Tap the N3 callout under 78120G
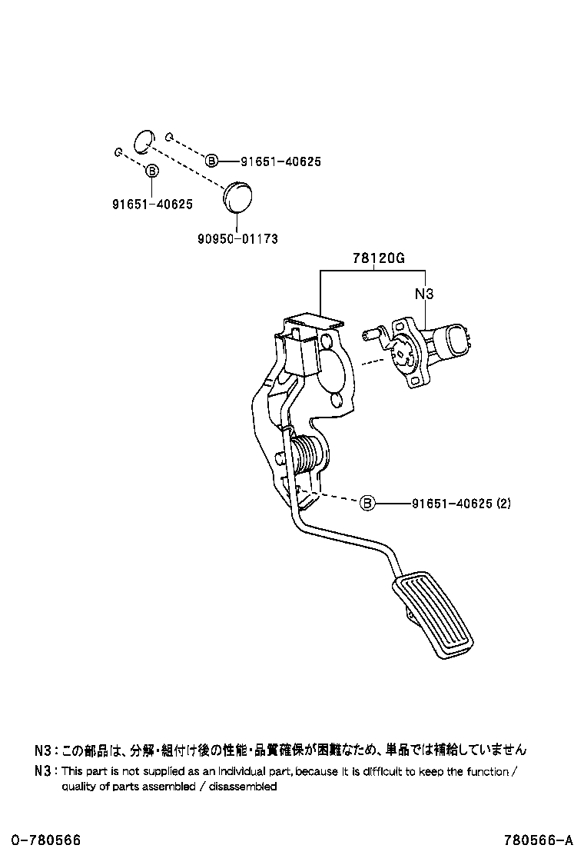(x=424, y=294)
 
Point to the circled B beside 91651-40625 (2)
(x=367, y=504)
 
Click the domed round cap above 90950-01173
(x=236, y=195)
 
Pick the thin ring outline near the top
(x=142, y=140)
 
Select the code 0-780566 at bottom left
(x=45, y=840)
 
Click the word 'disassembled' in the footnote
(x=241, y=787)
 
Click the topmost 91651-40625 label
(x=280, y=161)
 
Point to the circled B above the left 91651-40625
(x=152, y=171)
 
